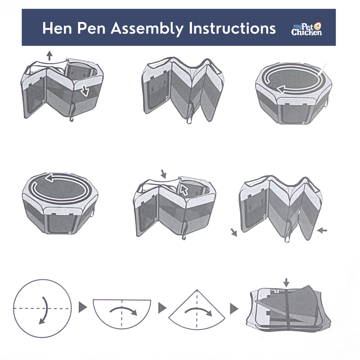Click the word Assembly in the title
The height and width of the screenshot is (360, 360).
pos(147,29)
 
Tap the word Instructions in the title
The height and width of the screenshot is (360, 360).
pos(232,29)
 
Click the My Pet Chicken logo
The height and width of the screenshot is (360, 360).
pos(306,29)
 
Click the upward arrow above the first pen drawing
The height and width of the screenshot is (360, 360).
pos(50,55)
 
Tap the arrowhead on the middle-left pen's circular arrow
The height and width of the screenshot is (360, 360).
pos(50,179)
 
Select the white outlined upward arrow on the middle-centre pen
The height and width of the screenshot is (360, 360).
pos(184,189)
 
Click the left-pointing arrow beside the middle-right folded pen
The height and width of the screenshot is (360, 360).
pos(322,230)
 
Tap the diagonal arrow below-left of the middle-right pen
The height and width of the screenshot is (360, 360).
pos(234,232)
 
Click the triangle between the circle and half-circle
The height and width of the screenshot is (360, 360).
pos(82,308)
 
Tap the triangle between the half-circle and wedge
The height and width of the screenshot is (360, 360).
pos(162,308)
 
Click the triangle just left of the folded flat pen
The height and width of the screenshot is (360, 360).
pos(234,309)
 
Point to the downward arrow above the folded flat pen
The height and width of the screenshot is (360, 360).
pos(286,282)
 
